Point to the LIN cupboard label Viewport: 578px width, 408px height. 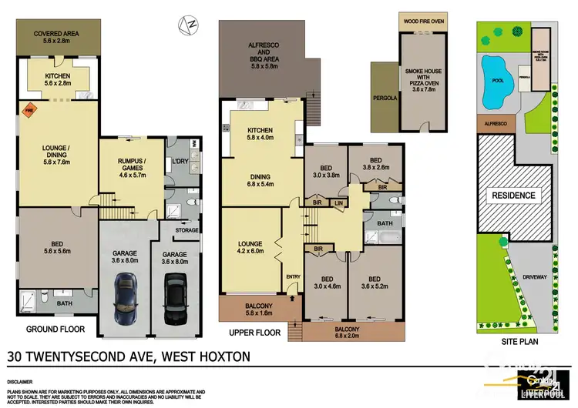tap(338, 202)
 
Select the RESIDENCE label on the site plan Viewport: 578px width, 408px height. tap(513, 196)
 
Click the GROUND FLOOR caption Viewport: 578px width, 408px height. tap(55, 329)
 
